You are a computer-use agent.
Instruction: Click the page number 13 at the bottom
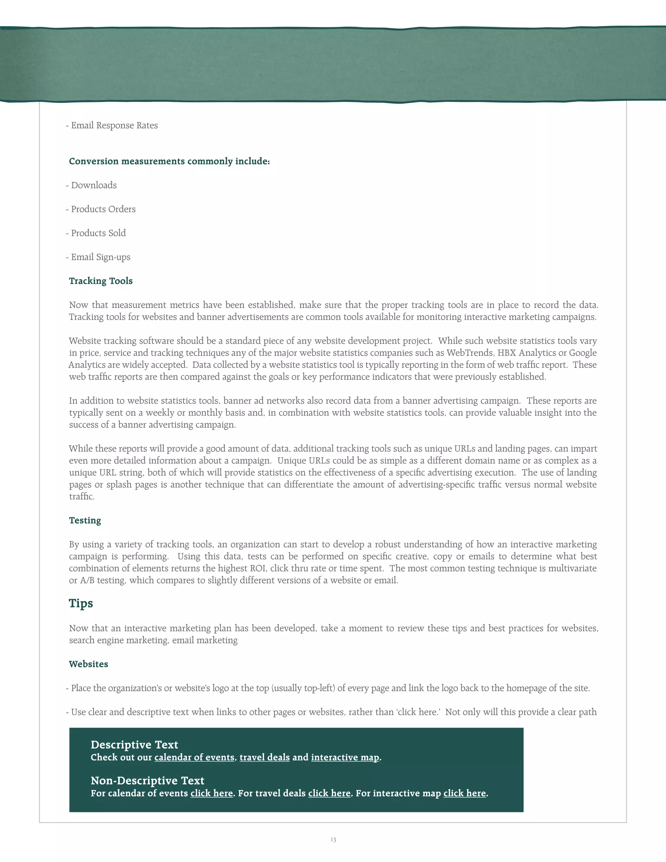(x=333, y=840)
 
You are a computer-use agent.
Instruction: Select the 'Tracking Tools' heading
(x=100, y=281)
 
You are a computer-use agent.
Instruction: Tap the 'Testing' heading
(x=85, y=520)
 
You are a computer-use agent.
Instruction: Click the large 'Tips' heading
(x=81, y=603)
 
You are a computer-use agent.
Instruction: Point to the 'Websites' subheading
(x=88, y=664)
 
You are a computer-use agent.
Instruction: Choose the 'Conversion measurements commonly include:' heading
(x=169, y=161)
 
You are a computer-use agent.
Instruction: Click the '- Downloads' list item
(x=91, y=185)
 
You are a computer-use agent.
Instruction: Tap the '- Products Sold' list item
(x=96, y=233)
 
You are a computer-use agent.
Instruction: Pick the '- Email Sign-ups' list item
(x=98, y=257)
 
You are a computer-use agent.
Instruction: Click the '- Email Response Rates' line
(x=112, y=126)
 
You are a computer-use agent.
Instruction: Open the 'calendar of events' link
(x=194, y=757)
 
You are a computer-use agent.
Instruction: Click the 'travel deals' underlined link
(x=264, y=757)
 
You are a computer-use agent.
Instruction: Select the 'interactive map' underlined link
(x=345, y=757)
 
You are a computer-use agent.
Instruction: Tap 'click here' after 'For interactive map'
(x=464, y=793)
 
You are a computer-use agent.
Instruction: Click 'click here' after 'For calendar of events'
(x=211, y=793)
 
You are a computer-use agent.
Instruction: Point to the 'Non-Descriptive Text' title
(x=147, y=781)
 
